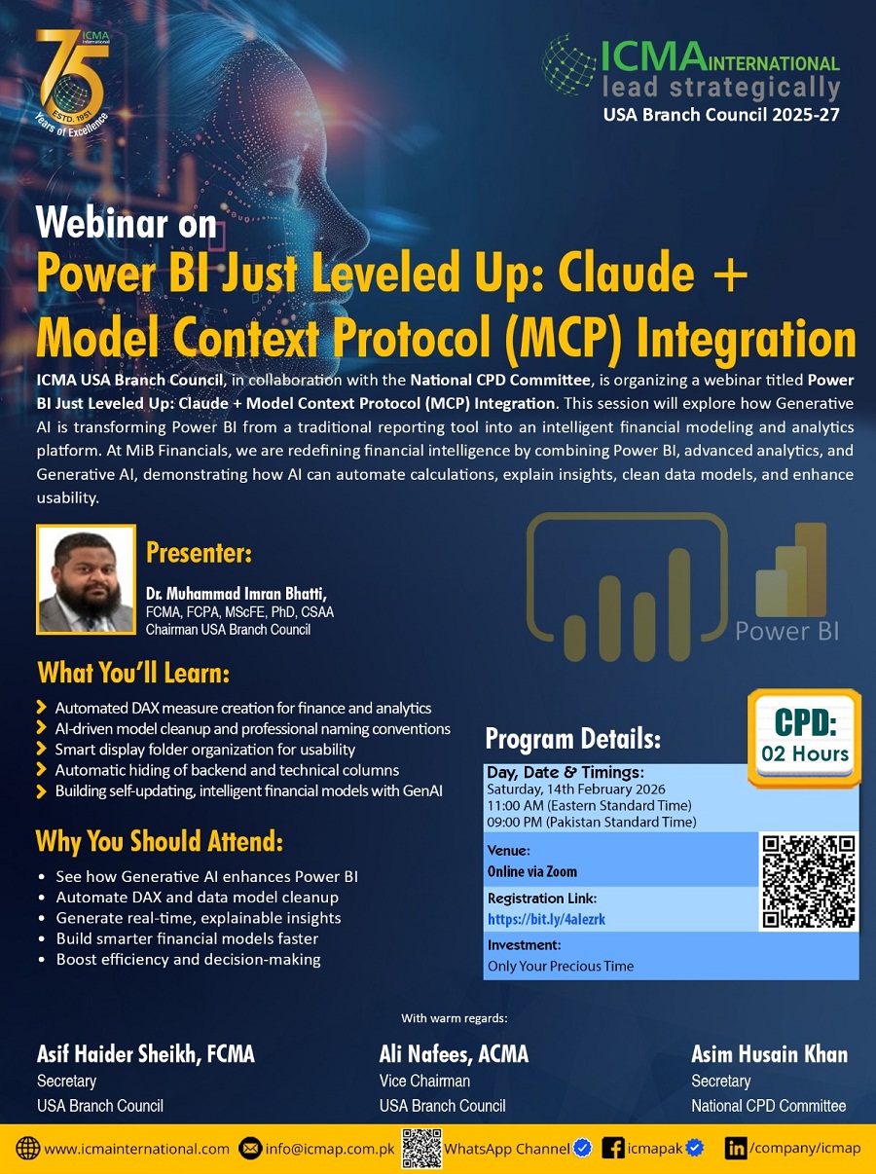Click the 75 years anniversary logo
coord(72,83)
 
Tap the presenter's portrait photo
coord(86,579)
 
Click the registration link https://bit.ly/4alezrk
coord(546,919)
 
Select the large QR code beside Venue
coord(809,881)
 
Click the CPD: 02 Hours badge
coord(804,738)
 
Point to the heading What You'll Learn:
coord(133,673)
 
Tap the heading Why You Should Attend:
coord(160,841)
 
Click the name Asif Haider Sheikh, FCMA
coord(145,1053)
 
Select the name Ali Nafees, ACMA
coord(454,1053)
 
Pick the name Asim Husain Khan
coord(769,1053)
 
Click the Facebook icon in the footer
coord(613,1148)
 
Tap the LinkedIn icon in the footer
coord(735,1149)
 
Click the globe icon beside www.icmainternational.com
coord(28,1148)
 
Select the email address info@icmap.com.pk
coord(330,1149)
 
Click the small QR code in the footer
coord(421,1148)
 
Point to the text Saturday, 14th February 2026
coord(576,789)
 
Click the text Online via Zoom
coord(532,871)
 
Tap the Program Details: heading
coord(572,739)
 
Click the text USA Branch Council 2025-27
coord(721,115)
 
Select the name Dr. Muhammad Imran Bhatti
coord(236,594)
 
